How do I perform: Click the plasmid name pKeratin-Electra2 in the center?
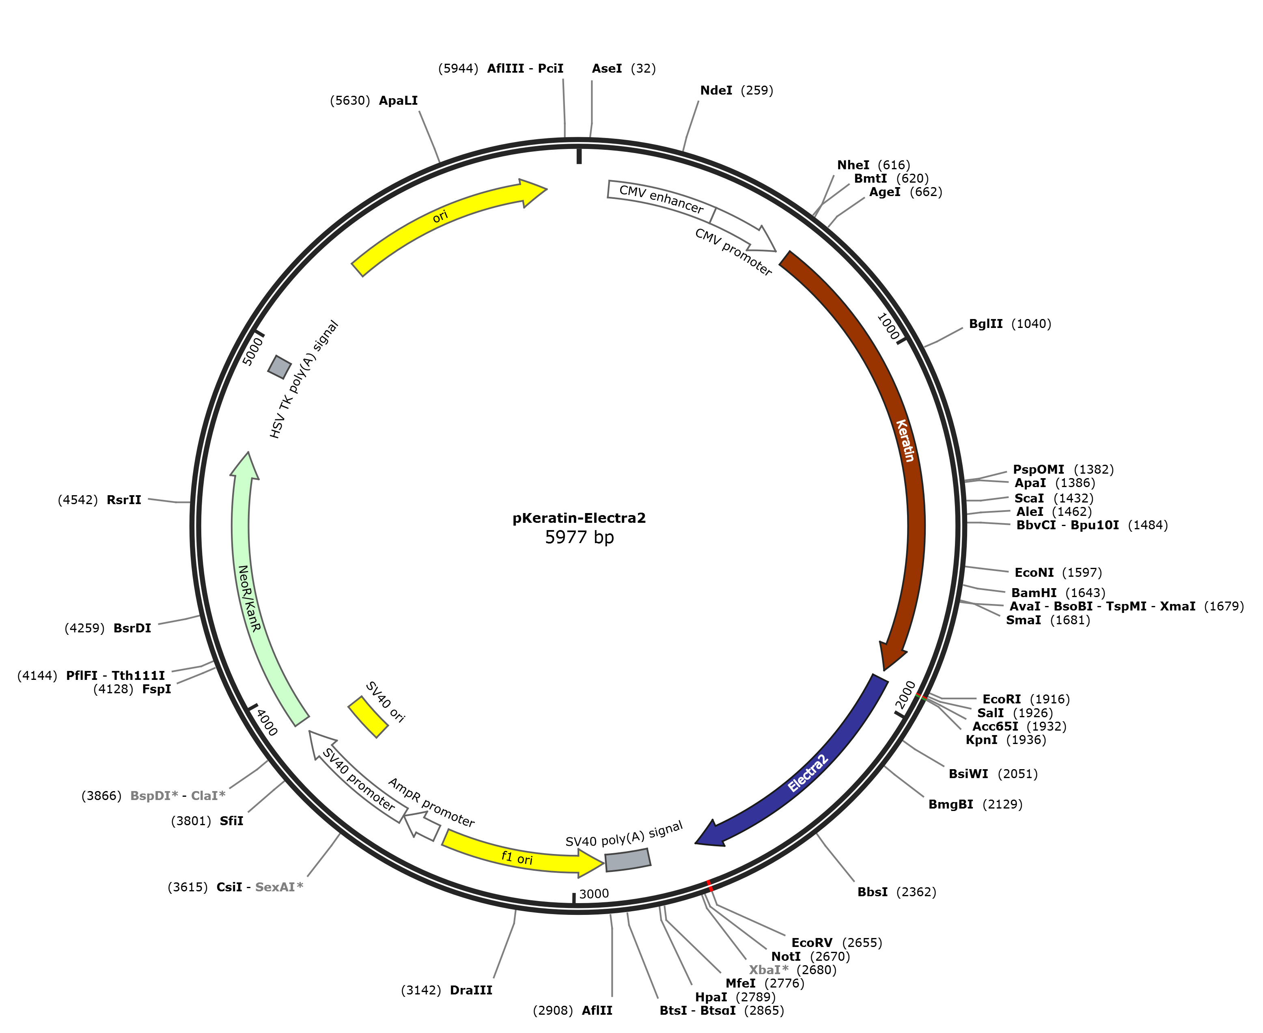point(579,518)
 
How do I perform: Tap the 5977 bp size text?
point(579,537)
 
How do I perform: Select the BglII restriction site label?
point(986,324)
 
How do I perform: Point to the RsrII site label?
point(124,500)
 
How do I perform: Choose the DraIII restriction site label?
point(471,990)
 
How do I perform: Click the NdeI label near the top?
point(716,91)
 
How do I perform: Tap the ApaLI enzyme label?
point(398,101)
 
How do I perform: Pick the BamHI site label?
point(1034,593)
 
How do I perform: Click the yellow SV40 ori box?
point(368,717)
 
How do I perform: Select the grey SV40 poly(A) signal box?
point(627,860)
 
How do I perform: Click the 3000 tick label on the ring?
point(594,894)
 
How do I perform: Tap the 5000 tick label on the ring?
point(253,351)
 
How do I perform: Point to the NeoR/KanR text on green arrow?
point(249,598)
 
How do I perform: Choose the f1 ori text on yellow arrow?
point(517,858)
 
